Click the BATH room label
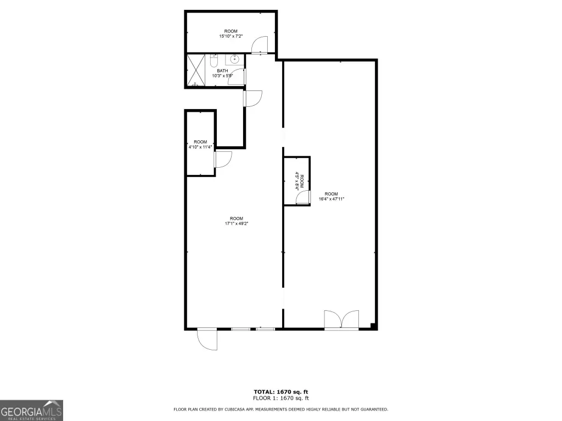click(222, 71)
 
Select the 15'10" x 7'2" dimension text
click(231, 36)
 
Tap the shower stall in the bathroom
click(196, 71)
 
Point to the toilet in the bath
click(213, 60)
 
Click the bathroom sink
click(235, 59)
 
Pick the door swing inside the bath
click(237, 76)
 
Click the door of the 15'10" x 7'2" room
click(260, 45)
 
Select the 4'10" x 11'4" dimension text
click(200, 147)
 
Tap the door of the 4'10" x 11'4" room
click(223, 160)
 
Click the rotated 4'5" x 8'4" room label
click(299, 181)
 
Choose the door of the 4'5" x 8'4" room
click(303, 197)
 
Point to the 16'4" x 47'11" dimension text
click(331, 199)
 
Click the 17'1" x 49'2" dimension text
click(237, 224)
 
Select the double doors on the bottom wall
click(341, 320)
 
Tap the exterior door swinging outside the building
click(207, 339)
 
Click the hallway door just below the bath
click(253, 99)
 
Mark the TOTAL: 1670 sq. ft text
click(281, 392)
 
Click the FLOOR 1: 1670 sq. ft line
click(281, 398)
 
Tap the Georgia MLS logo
click(31, 410)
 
